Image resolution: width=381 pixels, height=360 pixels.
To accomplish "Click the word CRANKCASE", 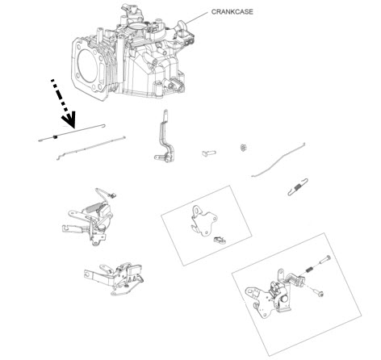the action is point(232,12).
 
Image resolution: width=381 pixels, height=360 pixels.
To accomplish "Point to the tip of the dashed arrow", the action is point(73,128).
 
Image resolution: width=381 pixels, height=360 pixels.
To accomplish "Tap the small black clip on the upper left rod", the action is point(55,137).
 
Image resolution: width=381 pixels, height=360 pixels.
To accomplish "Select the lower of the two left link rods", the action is point(91,149).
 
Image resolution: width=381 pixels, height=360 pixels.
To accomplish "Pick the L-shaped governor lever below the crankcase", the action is point(164,137).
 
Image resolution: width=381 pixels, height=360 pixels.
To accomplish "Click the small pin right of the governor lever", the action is point(209,153).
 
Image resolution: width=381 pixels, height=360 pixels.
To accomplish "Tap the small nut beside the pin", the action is point(244,148).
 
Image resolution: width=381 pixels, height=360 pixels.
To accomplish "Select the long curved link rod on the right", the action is point(277,161).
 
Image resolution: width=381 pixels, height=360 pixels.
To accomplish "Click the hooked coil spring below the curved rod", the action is point(298,186).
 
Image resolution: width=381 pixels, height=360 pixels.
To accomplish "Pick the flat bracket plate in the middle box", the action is point(203,220).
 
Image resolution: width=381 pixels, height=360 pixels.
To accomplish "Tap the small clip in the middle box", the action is point(220,240).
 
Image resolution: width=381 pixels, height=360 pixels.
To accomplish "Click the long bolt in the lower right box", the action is point(324,260).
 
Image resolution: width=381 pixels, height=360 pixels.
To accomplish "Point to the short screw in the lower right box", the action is point(319,293).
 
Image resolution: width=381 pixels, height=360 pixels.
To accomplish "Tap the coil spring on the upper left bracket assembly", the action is point(94,207).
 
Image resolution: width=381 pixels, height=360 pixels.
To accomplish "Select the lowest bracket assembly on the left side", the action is point(114,278).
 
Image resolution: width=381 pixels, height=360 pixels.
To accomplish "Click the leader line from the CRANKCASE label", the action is point(196,18).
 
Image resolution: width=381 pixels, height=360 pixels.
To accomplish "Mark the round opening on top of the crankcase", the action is point(138,27).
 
